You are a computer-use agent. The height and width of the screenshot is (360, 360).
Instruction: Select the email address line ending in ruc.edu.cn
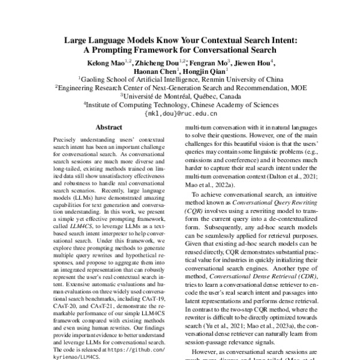coord(180,112)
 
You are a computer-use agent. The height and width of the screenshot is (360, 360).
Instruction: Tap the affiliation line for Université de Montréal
coord(180,95)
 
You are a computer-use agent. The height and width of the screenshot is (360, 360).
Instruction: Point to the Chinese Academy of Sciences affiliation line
coord(180,103)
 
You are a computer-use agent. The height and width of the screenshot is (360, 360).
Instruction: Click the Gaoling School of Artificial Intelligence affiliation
coord(180,78)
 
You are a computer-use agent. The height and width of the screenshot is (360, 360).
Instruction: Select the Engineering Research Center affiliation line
coord(180,86)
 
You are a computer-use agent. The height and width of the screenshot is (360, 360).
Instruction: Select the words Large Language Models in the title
coord(111,41)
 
